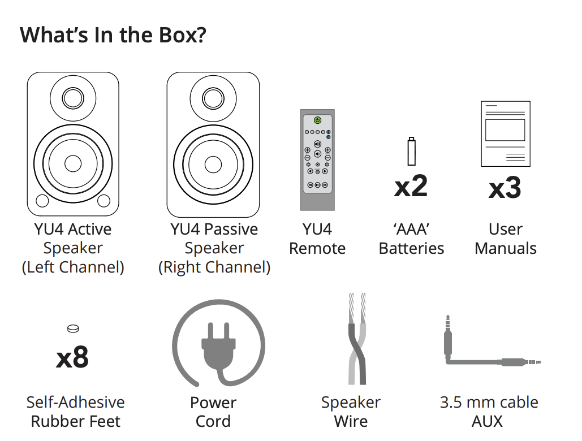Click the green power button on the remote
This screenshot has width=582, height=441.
click(317, 120)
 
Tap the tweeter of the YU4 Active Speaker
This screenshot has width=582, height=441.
click(73, 98)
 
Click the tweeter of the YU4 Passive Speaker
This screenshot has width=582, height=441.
click(213, 98)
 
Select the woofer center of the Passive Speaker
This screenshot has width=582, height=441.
click(213, 165)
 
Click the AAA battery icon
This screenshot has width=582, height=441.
click(411, 152)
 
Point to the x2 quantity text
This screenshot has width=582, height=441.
click(411, 187)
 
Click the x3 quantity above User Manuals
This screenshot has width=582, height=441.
click(505, 188)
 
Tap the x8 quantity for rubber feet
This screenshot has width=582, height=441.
click(72, 357)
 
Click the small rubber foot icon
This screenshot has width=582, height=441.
click(73, 328)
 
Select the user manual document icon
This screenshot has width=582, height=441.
click(506, 133)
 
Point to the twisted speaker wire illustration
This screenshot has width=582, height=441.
click(357, 339)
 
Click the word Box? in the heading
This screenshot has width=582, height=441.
click(183, 35)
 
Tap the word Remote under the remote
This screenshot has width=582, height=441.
click(317, 248)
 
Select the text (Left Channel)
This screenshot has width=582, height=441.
click(73, 267)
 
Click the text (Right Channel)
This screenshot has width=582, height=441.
click(214, 267)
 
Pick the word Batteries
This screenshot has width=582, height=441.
click(411, 248)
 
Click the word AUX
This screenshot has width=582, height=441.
click(487, 421)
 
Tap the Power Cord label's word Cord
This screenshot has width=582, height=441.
click(213, 421)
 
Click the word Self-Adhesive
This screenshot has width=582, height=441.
click(75, 402)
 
